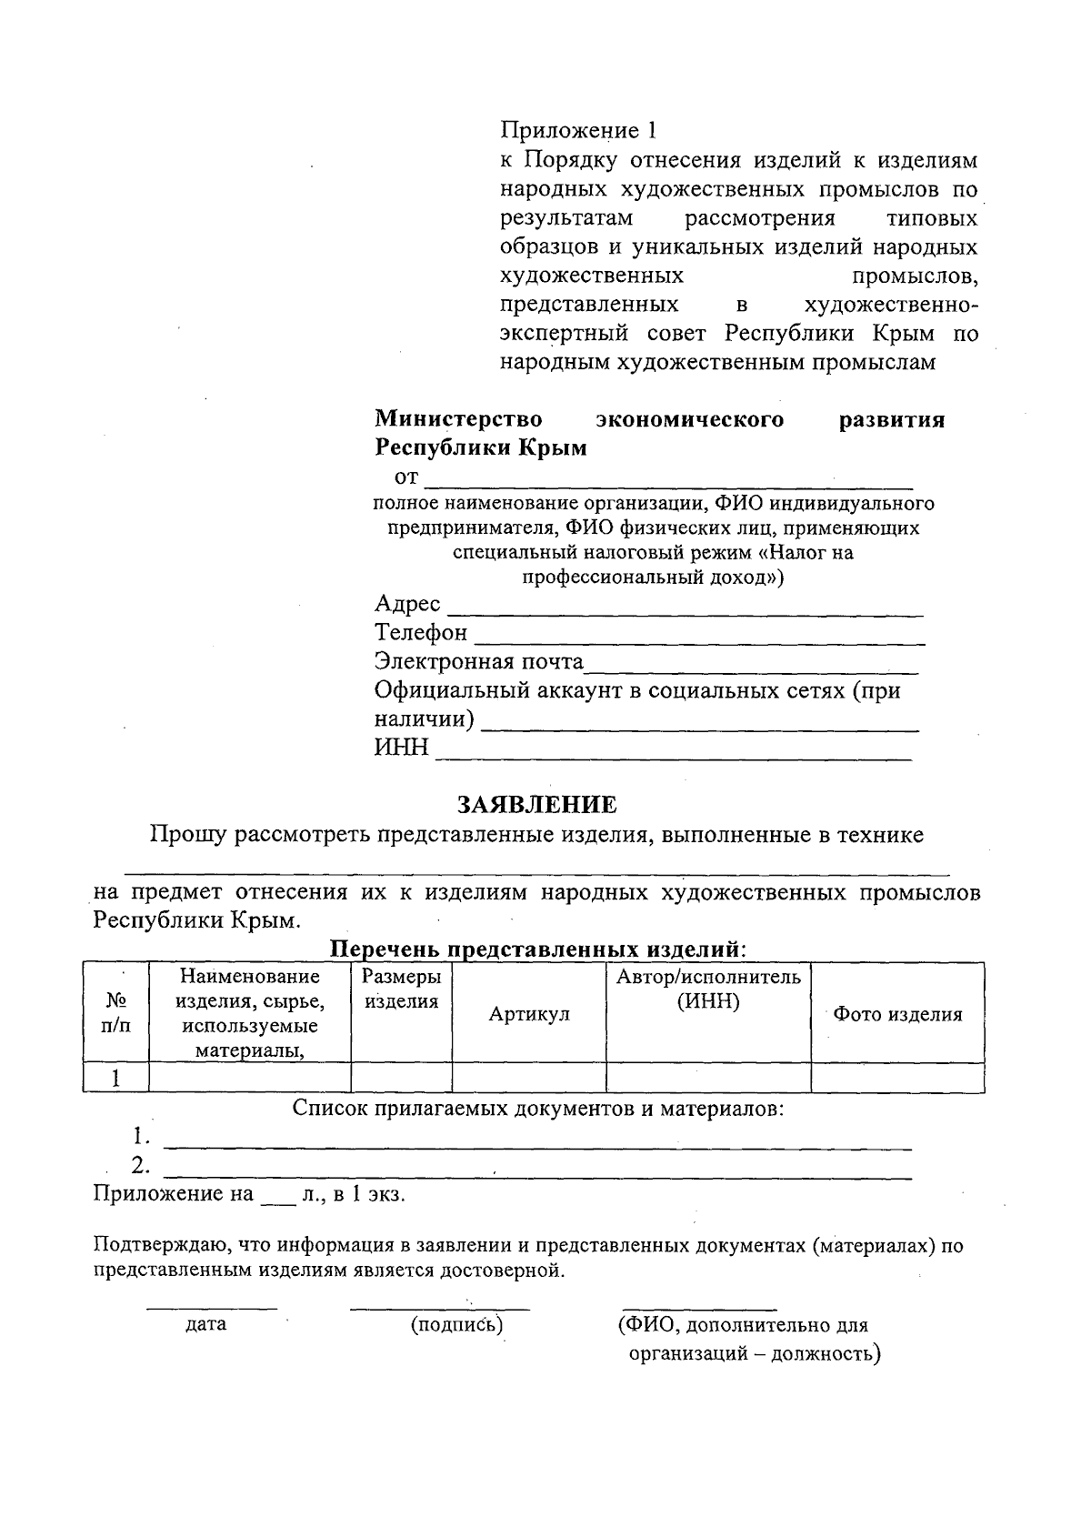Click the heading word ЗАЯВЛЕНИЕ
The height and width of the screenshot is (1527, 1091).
(x=536, y=805)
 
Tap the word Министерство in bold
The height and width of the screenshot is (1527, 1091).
(x=459, y=419)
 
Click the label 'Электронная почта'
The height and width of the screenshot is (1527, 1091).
(x=479, y=661)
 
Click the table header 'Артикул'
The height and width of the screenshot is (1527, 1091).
(x=529, y=1014)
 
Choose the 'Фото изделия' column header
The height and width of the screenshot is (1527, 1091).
(x=897, y=1014)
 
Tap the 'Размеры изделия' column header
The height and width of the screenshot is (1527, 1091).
(x=401, y=990)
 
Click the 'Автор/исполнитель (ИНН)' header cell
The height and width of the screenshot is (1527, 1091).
(x=708, y=990)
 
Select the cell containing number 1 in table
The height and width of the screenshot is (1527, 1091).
(x=115, y=1079)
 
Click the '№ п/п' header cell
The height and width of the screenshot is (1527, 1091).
(x=115, y=1013)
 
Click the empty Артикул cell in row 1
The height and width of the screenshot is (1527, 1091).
(x=529, y=1079)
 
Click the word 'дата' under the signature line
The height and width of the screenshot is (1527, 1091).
(x=205, y=1324)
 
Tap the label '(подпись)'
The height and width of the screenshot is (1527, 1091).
(x=456, y=1324)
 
